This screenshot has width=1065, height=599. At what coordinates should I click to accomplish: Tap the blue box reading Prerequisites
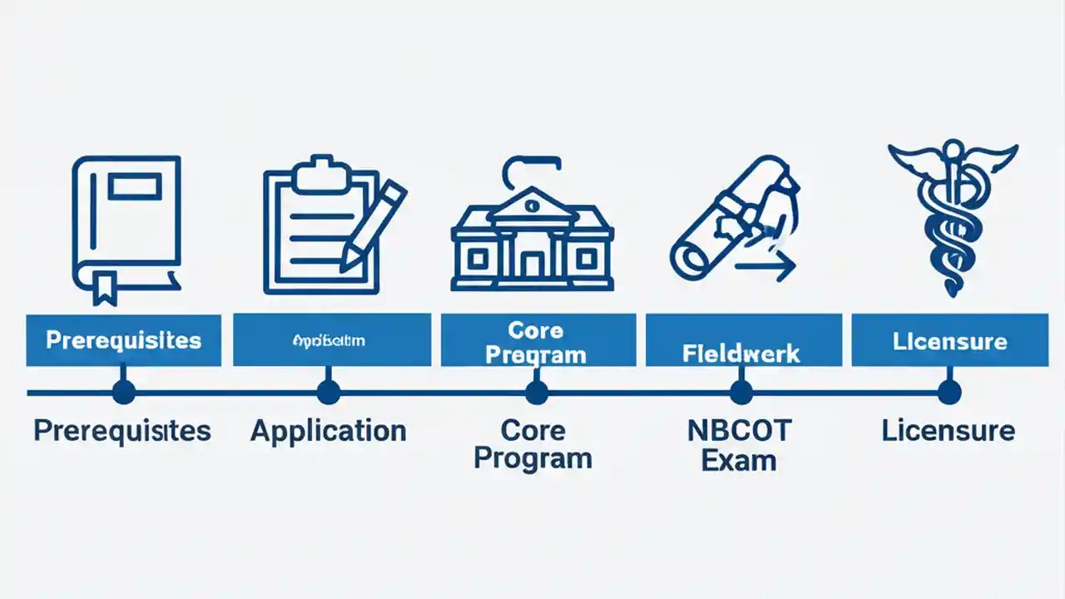(123, 340)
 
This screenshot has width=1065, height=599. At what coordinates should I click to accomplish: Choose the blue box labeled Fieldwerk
(741, 340)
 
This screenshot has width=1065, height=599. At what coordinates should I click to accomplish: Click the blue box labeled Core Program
(537, 340)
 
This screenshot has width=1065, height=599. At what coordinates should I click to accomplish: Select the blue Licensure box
(949, 340)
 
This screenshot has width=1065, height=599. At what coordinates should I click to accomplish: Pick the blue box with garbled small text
(331, 340)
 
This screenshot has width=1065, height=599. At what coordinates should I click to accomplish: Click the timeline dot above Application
(329, 392)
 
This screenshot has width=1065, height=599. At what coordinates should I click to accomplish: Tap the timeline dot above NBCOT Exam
(741, 392)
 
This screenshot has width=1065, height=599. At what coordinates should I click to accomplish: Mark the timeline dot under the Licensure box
(949, 392)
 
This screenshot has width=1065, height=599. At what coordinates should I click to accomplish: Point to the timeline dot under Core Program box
(537, 392)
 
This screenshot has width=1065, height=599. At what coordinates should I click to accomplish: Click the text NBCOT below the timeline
(739, 431)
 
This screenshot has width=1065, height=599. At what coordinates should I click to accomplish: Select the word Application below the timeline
(329, 431)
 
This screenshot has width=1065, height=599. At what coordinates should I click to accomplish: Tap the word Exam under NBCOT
(739, 460)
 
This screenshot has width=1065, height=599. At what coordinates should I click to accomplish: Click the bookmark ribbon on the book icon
(105, 287)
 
